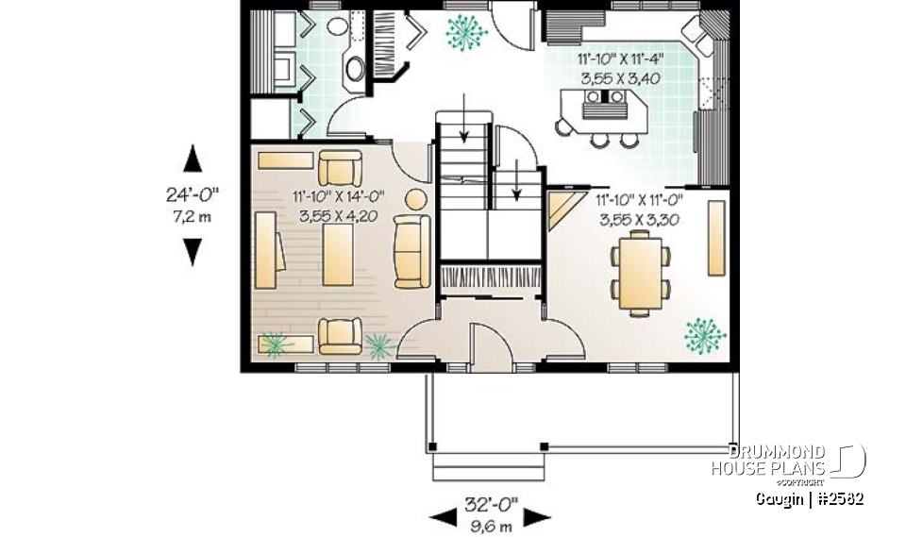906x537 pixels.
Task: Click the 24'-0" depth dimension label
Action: point(193,195)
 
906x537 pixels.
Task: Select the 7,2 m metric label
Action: point(193,215)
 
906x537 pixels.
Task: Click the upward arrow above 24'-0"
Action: point(193,159)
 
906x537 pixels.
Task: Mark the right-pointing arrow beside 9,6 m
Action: point(538,517)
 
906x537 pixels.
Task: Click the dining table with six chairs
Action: point(640,273)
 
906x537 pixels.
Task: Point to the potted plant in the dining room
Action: point(703,333)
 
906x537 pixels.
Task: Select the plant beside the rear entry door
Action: point(465,33)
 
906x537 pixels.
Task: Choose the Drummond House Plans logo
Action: point(788,461)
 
